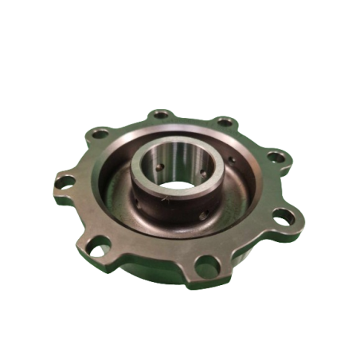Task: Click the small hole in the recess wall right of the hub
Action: tap(233, 158)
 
